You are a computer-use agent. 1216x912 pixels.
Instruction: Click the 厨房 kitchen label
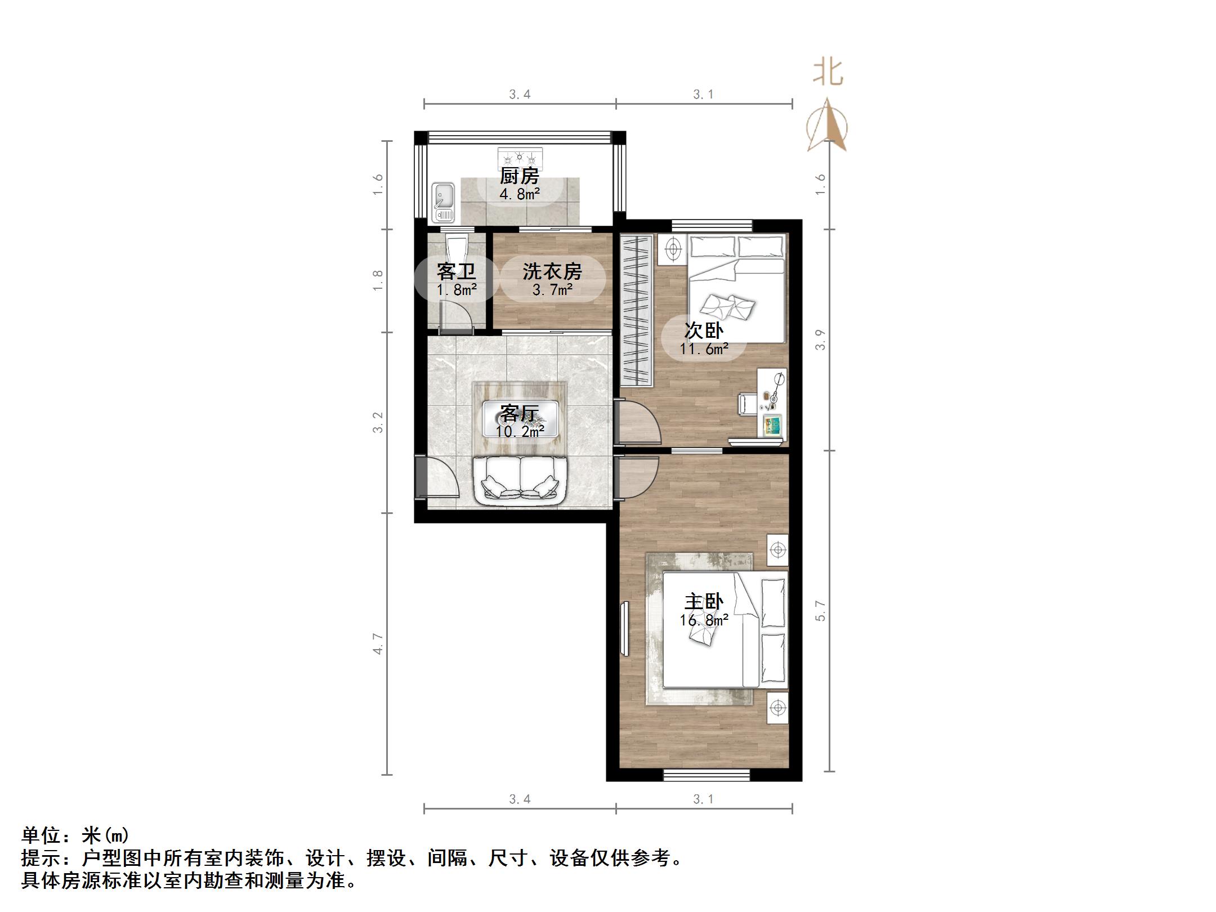[519, 176]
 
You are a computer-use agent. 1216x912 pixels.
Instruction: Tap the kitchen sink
[444, 202]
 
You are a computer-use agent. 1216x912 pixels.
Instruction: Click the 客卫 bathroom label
[456, 272]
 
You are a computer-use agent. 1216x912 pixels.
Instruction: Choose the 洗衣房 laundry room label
[552, 272]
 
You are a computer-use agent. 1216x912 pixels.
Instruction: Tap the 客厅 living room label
[519, 414]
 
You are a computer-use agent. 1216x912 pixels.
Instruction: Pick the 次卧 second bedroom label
[704, 330]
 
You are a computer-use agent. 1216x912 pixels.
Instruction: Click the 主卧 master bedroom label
[704, 602]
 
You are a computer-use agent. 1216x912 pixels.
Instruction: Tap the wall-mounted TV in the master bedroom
[625, 628]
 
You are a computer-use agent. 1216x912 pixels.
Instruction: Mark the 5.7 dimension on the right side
[821, 611]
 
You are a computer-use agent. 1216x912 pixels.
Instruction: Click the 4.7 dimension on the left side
[378, 643]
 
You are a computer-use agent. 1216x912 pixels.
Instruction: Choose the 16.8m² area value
[704, 620]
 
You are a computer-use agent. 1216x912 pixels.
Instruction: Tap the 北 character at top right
[828, 73]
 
